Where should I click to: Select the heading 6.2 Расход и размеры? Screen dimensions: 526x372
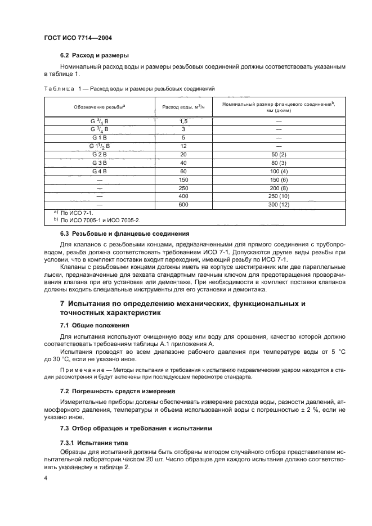tap(95, 56)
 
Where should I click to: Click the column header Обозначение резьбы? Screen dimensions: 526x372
tap(99, 107)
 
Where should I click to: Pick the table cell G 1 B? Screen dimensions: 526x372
tap(99, 137)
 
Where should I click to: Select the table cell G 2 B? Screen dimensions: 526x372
tap(99, 154)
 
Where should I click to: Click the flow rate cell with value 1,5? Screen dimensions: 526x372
tap(183, 122)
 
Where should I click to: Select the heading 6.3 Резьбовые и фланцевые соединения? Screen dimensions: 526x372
tap(124, 233)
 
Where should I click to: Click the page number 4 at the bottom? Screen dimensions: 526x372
tap(46, 478)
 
